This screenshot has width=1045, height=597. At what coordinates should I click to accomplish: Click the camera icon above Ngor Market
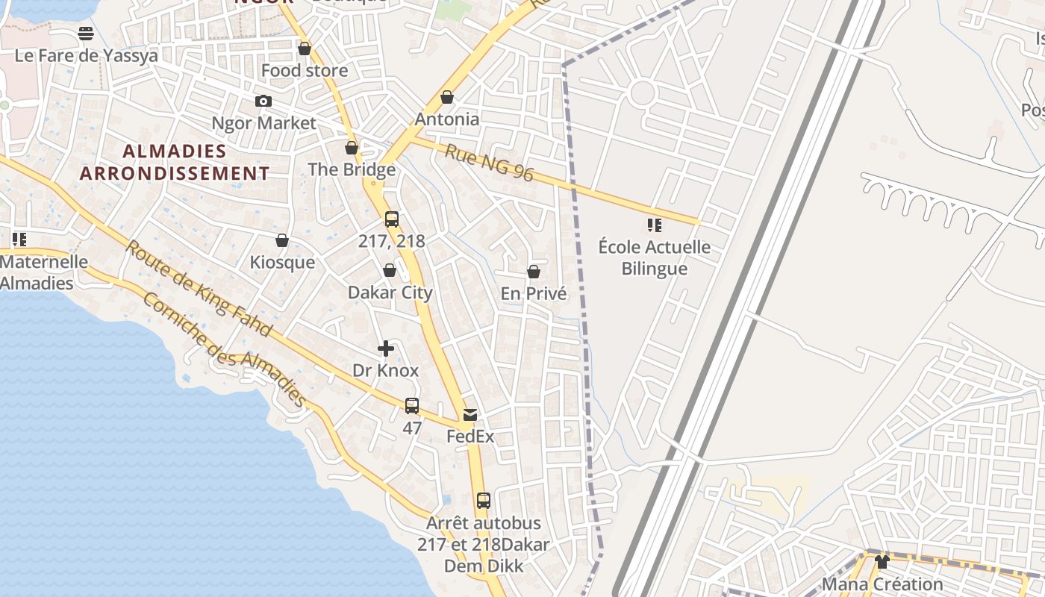263,101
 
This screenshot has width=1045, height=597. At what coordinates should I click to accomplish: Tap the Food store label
305,71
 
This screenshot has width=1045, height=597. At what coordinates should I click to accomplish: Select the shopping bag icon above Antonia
447,98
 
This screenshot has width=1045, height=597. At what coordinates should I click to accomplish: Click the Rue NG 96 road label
490,163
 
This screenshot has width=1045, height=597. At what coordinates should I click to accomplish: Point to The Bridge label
352,169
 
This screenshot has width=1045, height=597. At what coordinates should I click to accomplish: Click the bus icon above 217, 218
392,219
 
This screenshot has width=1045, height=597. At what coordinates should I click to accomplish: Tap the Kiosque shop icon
282,240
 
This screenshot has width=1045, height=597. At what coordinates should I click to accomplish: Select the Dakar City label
390,293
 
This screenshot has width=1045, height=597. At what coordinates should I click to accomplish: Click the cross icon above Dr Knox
386,348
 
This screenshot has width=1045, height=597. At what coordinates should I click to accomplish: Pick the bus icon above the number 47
412,406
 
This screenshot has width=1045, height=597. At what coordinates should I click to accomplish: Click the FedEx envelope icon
470,415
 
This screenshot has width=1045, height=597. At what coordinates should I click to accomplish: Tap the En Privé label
534,294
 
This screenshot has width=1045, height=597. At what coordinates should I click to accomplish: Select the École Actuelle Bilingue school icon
655,225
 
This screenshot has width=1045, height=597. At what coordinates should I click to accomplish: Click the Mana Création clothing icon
882,562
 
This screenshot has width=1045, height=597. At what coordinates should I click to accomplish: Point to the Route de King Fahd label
198,288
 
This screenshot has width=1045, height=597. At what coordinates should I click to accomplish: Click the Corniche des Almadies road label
224,349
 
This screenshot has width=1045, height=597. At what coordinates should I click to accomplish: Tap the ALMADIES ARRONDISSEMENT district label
175,162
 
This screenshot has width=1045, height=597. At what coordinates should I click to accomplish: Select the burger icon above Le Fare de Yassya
86,34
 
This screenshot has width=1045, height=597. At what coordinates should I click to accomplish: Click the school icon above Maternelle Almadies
19,240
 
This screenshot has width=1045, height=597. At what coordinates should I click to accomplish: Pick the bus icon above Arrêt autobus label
484,501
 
